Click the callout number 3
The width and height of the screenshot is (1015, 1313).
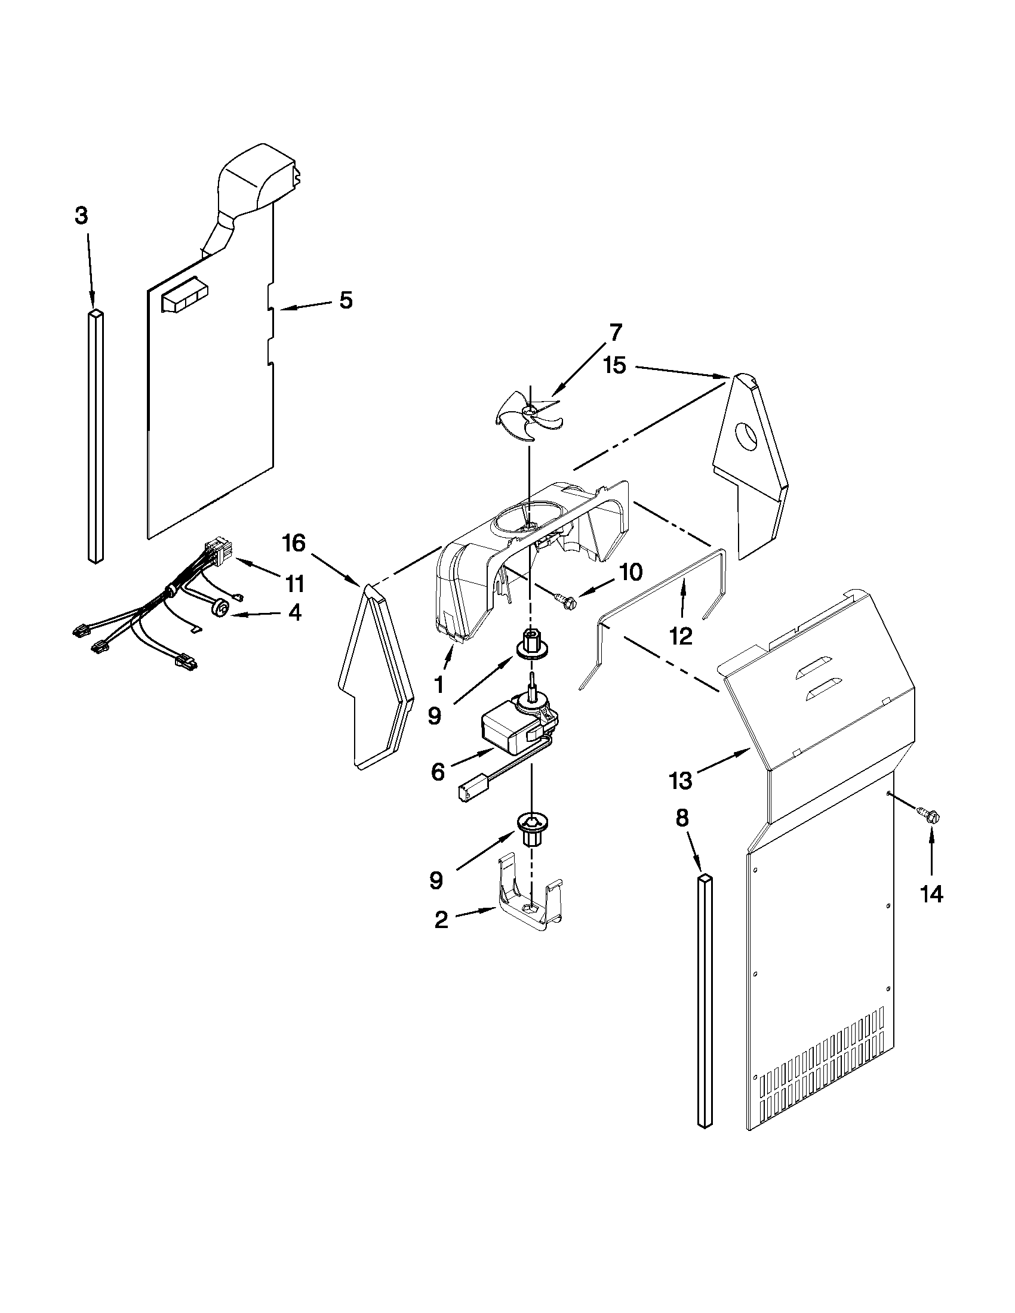(x=81, y=215)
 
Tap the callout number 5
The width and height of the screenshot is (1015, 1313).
(x=346, y=300)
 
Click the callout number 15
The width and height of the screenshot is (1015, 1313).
(x=614, y=365)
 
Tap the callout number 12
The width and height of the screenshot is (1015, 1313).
(x=681, y=636)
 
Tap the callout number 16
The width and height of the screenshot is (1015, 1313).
(x=294, y=544)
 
